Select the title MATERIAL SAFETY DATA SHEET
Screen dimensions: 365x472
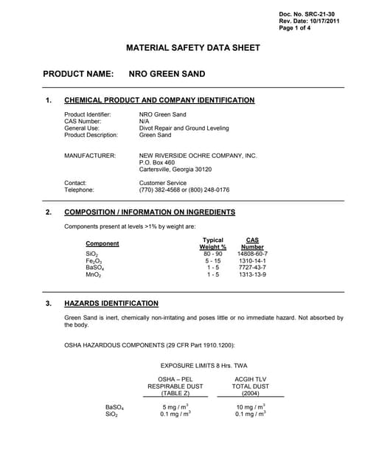(193, 48)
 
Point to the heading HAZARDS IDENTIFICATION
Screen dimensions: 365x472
(111, 303)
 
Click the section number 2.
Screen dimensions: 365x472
(49, 212)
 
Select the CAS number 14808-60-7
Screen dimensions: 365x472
(252, 254)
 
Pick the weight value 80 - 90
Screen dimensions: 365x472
(213, 254)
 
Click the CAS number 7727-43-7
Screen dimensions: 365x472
(252, 268)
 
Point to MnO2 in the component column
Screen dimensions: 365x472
(93, 275)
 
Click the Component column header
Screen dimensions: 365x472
(102, 243)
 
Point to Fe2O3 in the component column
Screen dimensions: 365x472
(94, 261)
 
